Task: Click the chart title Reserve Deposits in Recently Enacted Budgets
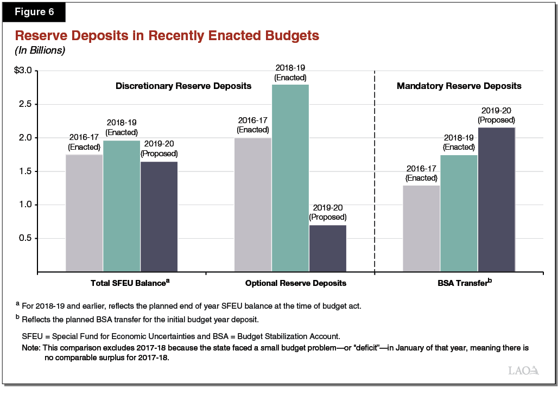(x=167, y=36)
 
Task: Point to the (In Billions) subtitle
(x=40, y=50)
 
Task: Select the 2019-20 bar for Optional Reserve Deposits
(x=327, y=248)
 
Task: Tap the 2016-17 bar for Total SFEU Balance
(x=84, y=213)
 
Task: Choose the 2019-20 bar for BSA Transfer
(x=496, y=199)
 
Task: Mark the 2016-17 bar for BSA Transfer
(x=421, y=228)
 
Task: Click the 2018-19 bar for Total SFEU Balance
(x=122, y=206)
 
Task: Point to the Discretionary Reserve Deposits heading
(x=183, y=86)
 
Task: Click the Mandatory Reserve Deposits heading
(x=459, y=86)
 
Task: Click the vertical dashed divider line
(x=375, y=174)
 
